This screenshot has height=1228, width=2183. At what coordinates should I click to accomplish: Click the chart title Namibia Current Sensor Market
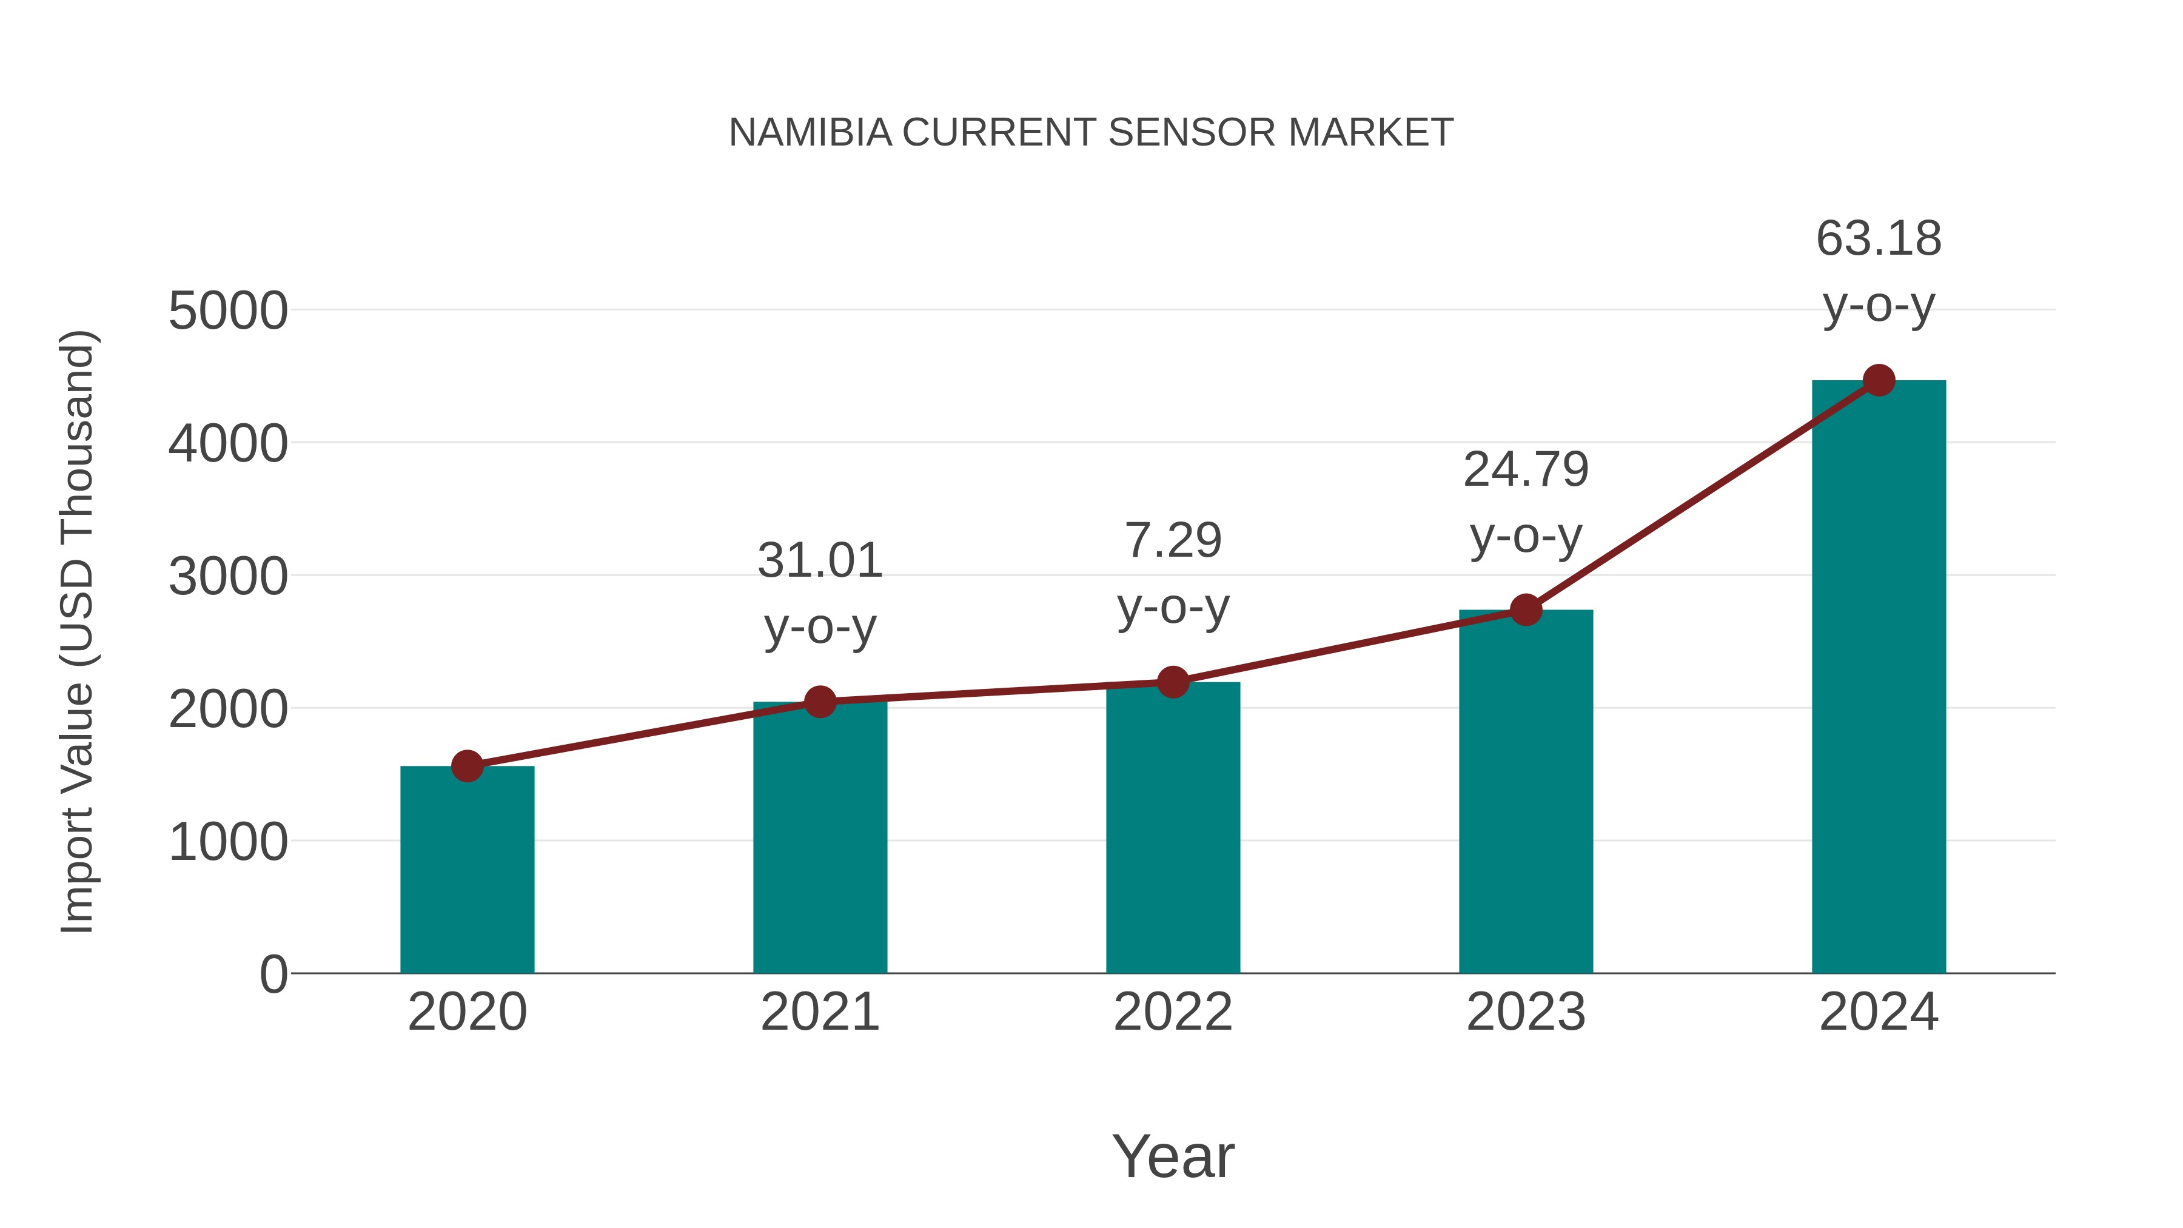[x=1091, y=133]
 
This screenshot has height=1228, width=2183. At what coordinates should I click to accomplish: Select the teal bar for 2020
[x=467, y=873]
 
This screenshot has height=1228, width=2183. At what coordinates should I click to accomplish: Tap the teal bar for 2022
[x=1173, y=831]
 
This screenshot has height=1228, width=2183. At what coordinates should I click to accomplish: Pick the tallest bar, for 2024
[x=1879, y=678]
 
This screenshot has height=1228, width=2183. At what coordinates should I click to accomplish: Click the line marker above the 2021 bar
[x=819, y=702]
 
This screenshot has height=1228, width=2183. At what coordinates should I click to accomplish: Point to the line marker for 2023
[x=1526, y=609]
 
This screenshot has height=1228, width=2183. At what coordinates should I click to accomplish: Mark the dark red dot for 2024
[x=1879, y=380]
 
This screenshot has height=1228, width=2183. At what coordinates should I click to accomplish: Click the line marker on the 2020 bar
[x=467, y=766]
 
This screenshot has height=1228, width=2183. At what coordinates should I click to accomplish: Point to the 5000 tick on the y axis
[x=228, y=311]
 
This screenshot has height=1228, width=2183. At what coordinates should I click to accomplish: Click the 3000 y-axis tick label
[x=228, y=577]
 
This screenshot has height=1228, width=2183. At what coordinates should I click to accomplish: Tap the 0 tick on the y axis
[x=273, y=975]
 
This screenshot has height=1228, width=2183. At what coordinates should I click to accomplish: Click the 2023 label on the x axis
[x=1526, y=1012]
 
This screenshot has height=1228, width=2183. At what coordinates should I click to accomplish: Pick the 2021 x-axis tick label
[x=819, y=1012]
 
